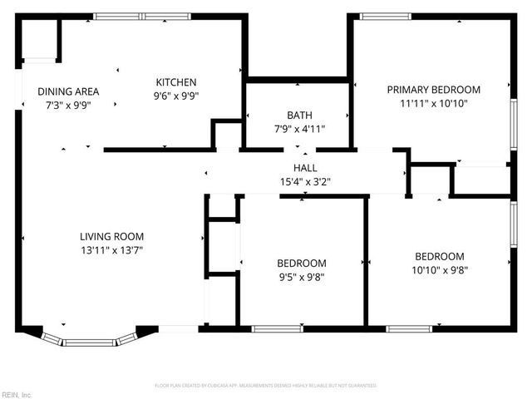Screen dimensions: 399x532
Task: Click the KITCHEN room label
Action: (x=176, y=82)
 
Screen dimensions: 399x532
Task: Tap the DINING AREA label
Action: (x=68, y=91)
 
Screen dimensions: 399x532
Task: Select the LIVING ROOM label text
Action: (x=111, y=236)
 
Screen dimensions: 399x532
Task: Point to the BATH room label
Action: (x=299, y=116)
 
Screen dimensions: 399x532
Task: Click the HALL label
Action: (x=304, y=169)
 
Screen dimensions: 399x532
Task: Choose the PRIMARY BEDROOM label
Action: (x=433, y=90)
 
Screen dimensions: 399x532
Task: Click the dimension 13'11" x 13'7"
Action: (x=111, y=249)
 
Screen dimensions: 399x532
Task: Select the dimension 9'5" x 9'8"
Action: (x=301, y=277)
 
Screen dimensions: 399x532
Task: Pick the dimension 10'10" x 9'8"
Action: (x=440, y=270)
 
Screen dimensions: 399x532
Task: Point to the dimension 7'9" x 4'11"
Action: (x=299, y=129)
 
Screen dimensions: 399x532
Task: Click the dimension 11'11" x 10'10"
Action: (x=433, y=103)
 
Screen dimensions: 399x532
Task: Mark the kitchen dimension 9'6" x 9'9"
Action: (x=176, y=96)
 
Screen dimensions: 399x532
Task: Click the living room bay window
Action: (x=90, y=340)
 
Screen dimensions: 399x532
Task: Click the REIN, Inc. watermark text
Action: (x=16, y=394)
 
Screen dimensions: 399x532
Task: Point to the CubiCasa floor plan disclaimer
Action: (x=266, y=386)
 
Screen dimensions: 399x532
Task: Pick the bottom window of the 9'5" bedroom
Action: (x=278, y=328)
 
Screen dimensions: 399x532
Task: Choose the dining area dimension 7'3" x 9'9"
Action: (x=68, y=105)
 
